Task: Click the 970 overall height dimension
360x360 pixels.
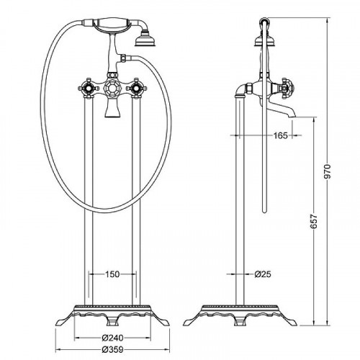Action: pos(327,171)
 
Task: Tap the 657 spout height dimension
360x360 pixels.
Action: pos(314,221)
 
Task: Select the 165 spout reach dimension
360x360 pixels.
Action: pos(280,135)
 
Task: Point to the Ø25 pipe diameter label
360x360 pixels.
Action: pos(263,274)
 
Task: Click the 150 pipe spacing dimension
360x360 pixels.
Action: pos(112,274)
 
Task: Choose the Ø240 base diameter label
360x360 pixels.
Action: pos(112,338)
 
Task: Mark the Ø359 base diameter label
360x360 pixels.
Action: pos(112,349)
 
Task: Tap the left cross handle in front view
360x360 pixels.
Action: pos(89,88)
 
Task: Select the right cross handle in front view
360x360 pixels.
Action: pos(136,88)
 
